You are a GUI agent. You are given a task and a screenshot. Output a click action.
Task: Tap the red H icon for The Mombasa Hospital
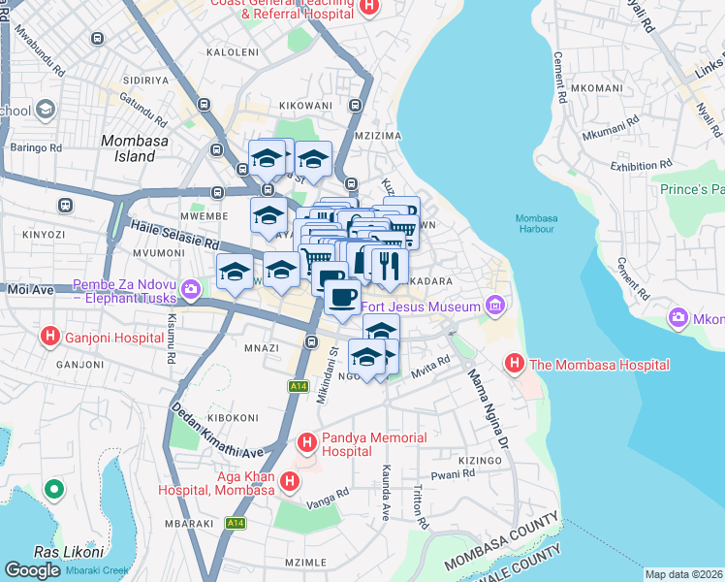[x=514, y=365]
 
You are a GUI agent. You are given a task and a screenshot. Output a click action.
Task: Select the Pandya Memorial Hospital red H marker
[x=307, y=444]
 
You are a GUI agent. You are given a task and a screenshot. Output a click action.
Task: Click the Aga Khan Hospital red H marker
[x=289, y=481]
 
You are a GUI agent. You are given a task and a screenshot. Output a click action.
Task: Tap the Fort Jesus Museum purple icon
[x=495, y=307]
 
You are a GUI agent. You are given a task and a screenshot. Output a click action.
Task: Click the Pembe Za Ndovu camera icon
[x=190, y=288]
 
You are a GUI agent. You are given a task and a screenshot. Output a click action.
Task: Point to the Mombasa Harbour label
[x=536, y=223]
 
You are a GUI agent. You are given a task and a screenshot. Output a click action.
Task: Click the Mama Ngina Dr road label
[x=489, y=406]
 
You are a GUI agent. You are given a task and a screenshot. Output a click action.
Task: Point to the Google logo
[x=32, y=570]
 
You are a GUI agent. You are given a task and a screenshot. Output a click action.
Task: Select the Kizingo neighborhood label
[x=480, y=461]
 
